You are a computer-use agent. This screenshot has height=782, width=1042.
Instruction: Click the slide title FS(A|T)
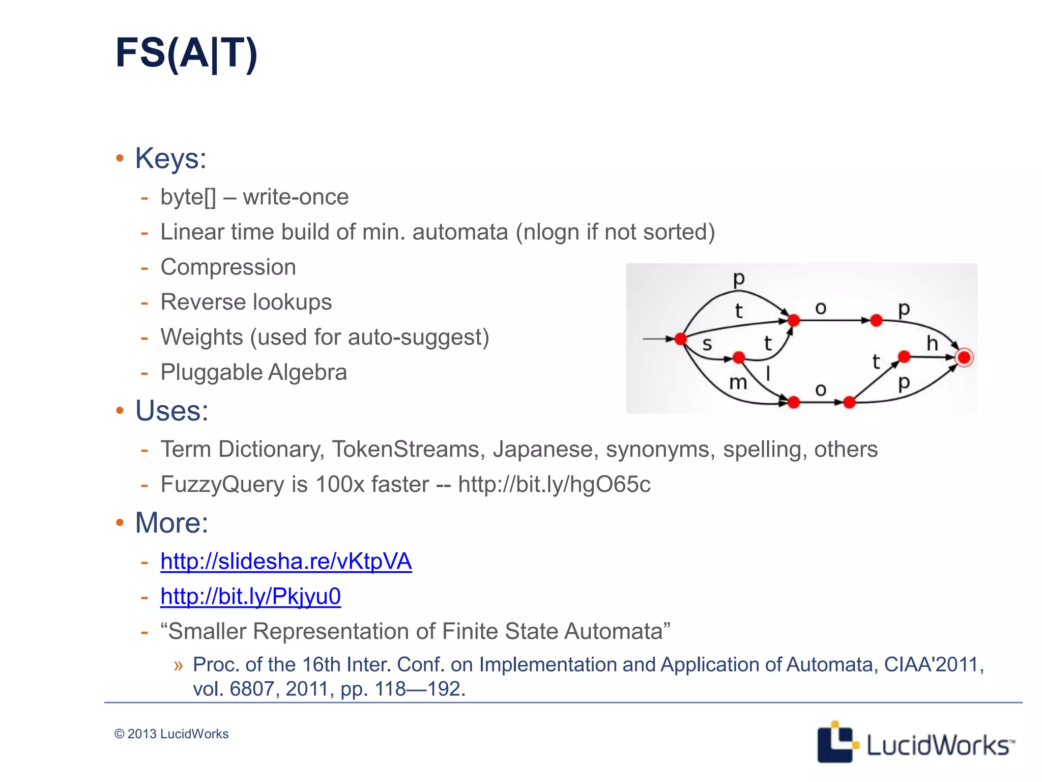[x=186, y=53]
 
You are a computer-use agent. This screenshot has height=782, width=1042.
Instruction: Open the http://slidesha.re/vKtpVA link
[x=286, y=561]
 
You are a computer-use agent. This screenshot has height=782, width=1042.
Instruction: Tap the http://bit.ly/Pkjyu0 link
[x=250, y=596]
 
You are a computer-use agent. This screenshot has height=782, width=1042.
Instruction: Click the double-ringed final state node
[x=964, y=357]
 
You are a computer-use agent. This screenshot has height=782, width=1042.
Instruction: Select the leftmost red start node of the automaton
[x=680, y=339]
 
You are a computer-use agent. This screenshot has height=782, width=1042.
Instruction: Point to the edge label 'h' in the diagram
[x=932, y=344]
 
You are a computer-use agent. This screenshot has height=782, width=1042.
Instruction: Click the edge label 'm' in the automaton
[x=738, y=382]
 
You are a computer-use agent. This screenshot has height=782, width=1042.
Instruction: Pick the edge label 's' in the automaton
[x=707, y=345]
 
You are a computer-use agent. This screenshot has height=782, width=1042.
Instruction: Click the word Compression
[x=228, y=267]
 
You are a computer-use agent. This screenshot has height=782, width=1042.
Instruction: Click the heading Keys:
[x=170, y=158]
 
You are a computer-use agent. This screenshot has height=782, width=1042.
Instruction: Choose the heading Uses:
[x=171, y=410]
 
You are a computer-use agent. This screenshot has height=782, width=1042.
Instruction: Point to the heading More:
[x=171, y=522]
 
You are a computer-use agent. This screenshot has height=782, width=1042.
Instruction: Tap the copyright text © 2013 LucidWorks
[x=171, y=734]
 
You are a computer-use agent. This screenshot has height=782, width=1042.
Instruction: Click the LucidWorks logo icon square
[x=834, y=742]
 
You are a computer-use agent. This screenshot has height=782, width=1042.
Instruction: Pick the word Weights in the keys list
[x=201, y=337]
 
